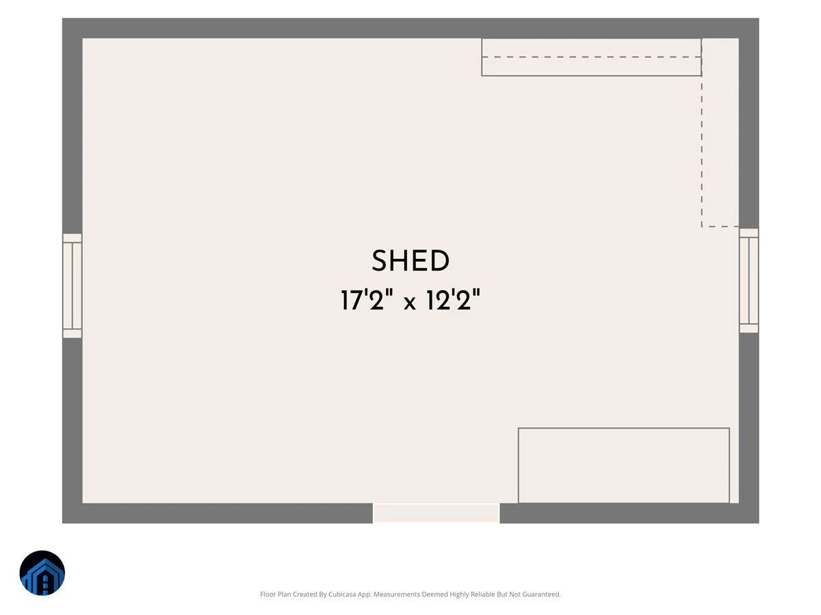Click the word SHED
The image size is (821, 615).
tap(410, 260)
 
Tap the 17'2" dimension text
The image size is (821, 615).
tap(367, 299)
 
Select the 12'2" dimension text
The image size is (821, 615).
tap(453, 299)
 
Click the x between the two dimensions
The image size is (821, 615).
tap(410, 303)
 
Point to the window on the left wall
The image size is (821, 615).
tap(73, 286)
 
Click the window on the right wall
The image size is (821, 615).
tap(748, 280)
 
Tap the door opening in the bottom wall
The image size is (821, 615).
tap(436, 513)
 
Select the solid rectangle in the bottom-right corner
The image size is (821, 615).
tap(623, 465)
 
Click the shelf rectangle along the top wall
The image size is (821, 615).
tap(591, 57)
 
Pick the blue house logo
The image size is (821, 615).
tap(42, 573)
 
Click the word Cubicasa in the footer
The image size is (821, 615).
tap(342, 594)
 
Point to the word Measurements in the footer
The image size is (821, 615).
tap(397, 594)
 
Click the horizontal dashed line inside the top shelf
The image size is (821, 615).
tap(591, 57)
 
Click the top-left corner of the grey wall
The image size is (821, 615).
tap(62, 18)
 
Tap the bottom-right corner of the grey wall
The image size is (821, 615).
tap(759, 523)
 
